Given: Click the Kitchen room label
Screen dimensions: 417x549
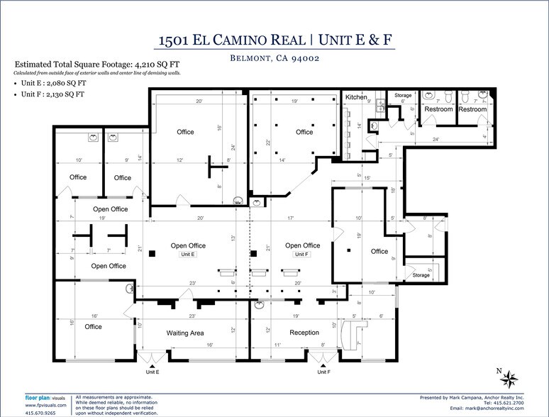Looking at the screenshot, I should point(356,97).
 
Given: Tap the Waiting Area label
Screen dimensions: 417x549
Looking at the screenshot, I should point(185,333).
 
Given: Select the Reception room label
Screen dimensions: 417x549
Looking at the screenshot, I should point(304,333).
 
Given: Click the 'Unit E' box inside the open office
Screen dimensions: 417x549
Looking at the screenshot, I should point(188,254).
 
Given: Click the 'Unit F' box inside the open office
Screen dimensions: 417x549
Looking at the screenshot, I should point(302,254).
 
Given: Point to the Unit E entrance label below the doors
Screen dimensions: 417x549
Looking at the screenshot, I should point(152,372).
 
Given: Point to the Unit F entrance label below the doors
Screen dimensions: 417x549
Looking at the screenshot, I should point(323,372).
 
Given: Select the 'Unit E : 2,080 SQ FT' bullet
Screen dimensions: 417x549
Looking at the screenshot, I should point(54,82).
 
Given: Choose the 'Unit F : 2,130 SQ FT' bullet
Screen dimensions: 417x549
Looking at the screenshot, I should point(54,93).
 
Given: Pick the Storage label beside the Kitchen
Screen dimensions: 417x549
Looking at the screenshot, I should point(403,95).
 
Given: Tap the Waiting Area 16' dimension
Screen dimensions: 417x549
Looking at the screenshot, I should point(210,345).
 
